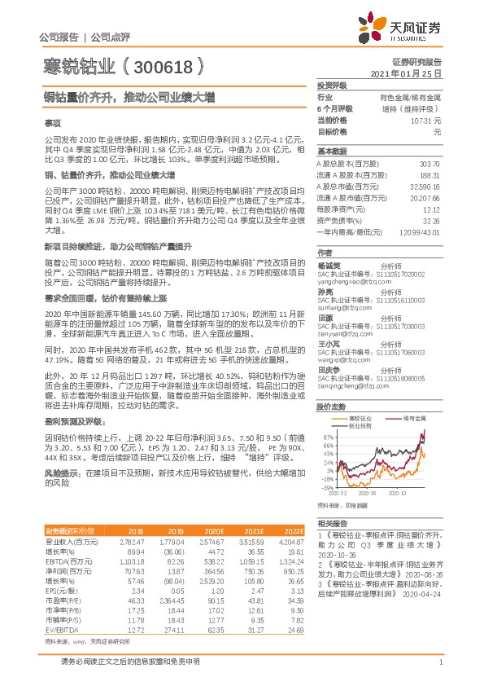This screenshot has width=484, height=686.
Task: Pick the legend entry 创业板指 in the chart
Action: click(361, 425)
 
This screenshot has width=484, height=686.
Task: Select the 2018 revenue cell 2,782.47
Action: click(132, 518)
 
